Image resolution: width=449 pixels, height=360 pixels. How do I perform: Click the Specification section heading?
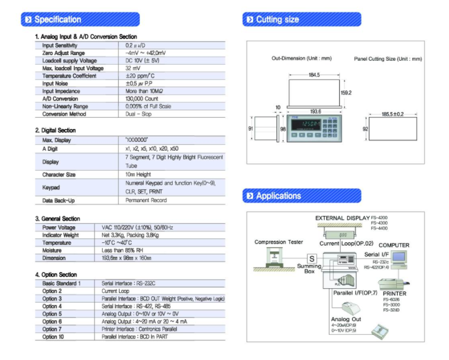pos(57,20)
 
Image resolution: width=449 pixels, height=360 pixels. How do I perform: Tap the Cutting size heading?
pos(277,20)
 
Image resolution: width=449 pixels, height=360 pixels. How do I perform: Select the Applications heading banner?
pos(278,196)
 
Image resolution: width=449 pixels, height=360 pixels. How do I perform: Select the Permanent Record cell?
pos(146,200)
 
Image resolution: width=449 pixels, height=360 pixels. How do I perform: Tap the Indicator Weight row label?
pos(60,235)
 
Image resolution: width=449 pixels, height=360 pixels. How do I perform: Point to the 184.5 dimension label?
pos(314,75)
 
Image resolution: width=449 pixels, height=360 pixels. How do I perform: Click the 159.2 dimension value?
pos(346,91)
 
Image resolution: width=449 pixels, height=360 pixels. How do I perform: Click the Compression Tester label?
pos(278,242)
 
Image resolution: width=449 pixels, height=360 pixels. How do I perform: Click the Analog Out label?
pos(346,319)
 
